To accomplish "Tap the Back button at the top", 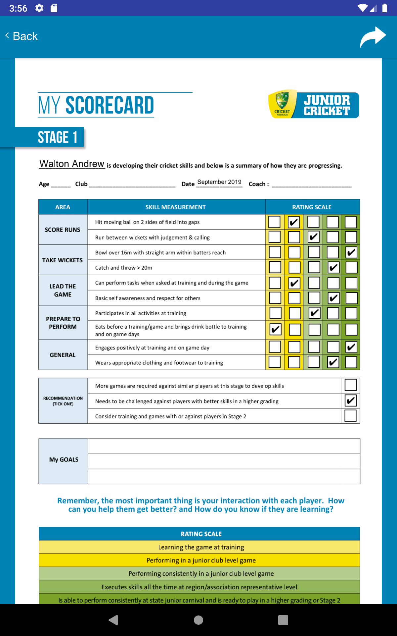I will pos(22,36).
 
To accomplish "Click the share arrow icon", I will pos(373,37).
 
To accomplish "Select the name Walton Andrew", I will pos(72,164).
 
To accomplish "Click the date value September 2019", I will pos(219,182).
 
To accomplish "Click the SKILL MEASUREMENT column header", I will pos(175,207).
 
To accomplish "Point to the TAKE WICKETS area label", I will pos(63,260).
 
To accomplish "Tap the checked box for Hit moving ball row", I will pos(294,222).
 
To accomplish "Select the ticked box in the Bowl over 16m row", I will pos(351,252).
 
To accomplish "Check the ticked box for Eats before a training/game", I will pos(275,329).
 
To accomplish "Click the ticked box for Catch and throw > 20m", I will pos(333,267).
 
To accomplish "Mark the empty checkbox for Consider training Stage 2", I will pos(350,416).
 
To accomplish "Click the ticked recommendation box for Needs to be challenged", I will pos(350,400).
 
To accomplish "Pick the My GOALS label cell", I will pos(64,460).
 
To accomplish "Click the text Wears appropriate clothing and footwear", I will pos(159,363).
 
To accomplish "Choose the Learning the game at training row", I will pos(201,547).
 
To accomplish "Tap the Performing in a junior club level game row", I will pos(201,560).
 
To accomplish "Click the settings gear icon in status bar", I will pos(39,8).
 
